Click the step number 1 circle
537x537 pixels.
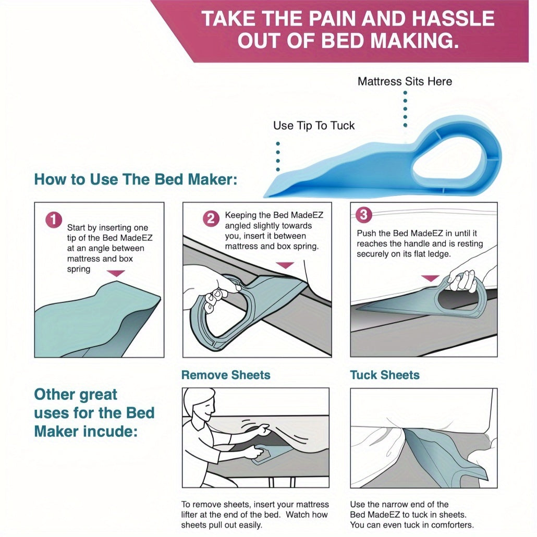tap(54, 219)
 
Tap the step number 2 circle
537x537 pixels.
tap(211, 218)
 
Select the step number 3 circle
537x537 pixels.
tap(364, 214)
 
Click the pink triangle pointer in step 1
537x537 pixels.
tap(116, 273)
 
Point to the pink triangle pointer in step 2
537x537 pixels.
tap(285, 265)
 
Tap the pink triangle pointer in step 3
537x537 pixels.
tap(430, 278)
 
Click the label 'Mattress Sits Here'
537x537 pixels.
tap(405, 81)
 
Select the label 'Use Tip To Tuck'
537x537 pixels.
tap(314, 126)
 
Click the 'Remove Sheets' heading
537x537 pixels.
tap(226, 375)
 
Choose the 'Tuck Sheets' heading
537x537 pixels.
tap(385, 375)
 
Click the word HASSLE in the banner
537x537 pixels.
tap(453, 18)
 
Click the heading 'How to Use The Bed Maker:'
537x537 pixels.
tap(136, 179)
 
